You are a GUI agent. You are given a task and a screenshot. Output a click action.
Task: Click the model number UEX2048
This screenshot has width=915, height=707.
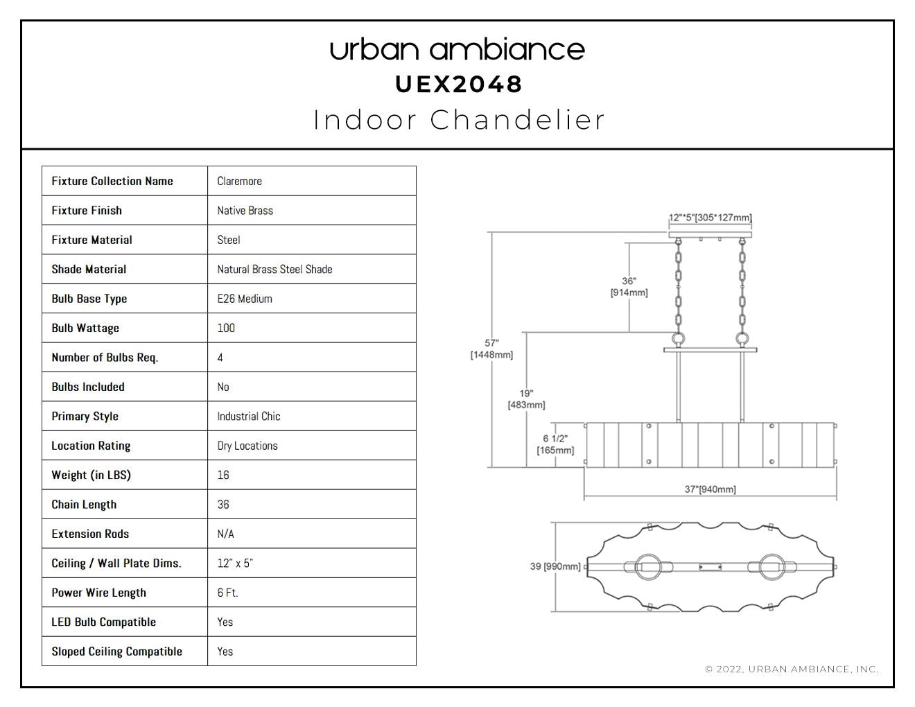click(458, 85)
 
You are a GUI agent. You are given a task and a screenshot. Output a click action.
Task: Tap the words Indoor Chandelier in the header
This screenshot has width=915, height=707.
click(458, 120)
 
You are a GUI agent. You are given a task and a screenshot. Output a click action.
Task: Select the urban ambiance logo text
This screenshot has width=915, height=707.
click(458, 50)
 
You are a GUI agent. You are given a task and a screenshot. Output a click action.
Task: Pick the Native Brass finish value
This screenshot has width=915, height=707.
click(245, 211)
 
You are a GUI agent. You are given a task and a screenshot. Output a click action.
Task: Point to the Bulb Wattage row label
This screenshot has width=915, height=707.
click(85, 328)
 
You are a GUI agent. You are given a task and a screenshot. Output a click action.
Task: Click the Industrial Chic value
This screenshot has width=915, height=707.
click(248, 416)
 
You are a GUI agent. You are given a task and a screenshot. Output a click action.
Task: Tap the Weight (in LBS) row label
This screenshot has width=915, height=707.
click(91, 475)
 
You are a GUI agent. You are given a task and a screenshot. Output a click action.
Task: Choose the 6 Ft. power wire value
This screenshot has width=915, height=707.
click(228, 593)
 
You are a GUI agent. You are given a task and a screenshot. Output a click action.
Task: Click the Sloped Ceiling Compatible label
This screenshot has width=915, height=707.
click(116, 652)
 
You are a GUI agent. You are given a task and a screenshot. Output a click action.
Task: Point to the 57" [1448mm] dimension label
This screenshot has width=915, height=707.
click(491, 349)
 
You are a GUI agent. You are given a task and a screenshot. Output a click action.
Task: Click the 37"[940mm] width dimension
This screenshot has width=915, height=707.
click(710, 489)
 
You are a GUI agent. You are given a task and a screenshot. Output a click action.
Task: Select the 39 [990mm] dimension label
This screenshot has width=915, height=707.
click(555, 566)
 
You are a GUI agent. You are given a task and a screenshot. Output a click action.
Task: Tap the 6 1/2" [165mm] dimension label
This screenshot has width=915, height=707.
click(555, 444)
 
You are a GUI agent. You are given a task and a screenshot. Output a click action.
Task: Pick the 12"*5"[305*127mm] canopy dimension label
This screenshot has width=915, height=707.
click(710, 218)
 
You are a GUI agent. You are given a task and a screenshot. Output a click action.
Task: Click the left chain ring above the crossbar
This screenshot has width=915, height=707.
click(679, 338)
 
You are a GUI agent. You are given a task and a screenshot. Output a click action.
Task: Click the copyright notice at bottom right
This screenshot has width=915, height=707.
click(792, 669)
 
